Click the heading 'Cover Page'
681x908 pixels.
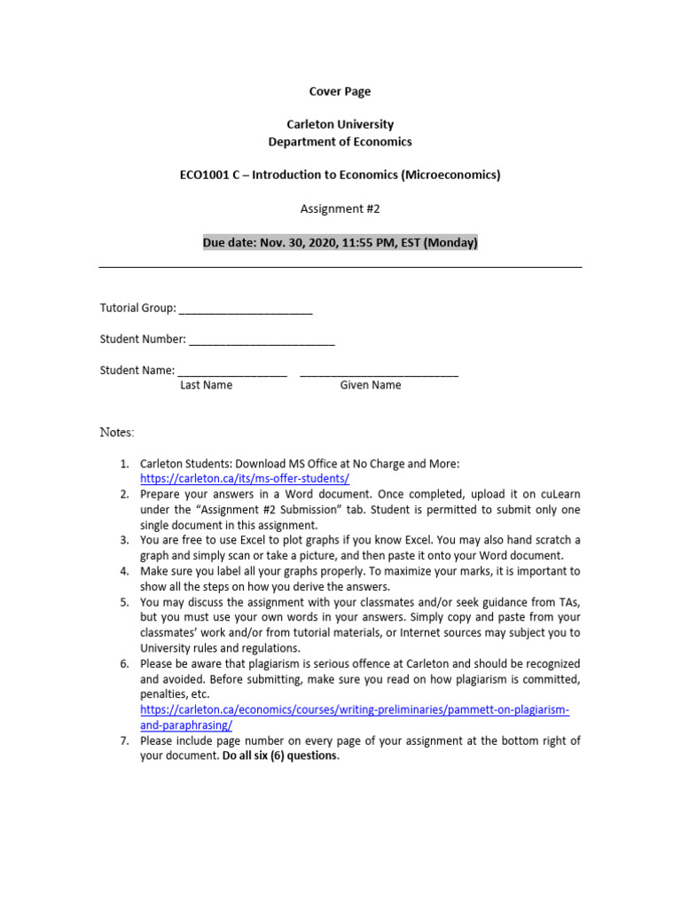[x=340, y=91]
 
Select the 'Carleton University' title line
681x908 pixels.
[x=340, y=124]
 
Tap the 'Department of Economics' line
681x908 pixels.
[x=340, y=142]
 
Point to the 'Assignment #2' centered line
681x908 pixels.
[x=340, y=208]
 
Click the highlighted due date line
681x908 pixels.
[x=340, y=242]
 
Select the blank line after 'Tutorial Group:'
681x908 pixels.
[x=246, y=311]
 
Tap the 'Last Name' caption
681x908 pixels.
[x=206, y=385]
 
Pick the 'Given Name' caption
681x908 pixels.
[x=370, y=385]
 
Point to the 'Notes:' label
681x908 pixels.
[x=117, y=433]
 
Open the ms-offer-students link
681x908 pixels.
[x=245, y=478]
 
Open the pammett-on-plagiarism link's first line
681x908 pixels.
[x=355, y=710]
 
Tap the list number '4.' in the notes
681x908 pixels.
[x=125, y=571]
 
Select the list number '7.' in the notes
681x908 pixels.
[x=125, y=740]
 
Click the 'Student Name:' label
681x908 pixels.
[x=137, y=371]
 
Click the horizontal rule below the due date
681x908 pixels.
[x=340, y=266]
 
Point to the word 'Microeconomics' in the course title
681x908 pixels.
[x=451, y=175]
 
